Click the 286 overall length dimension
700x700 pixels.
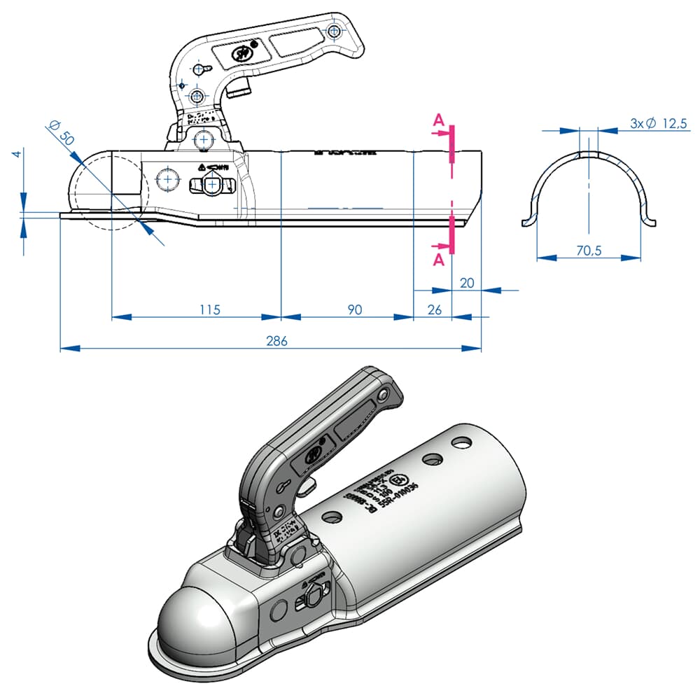[276, 341]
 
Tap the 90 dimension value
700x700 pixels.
[355, 309]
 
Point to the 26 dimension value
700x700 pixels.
[434, 309]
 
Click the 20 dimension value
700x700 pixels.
[468, 282]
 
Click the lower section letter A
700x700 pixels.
[439, 260]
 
